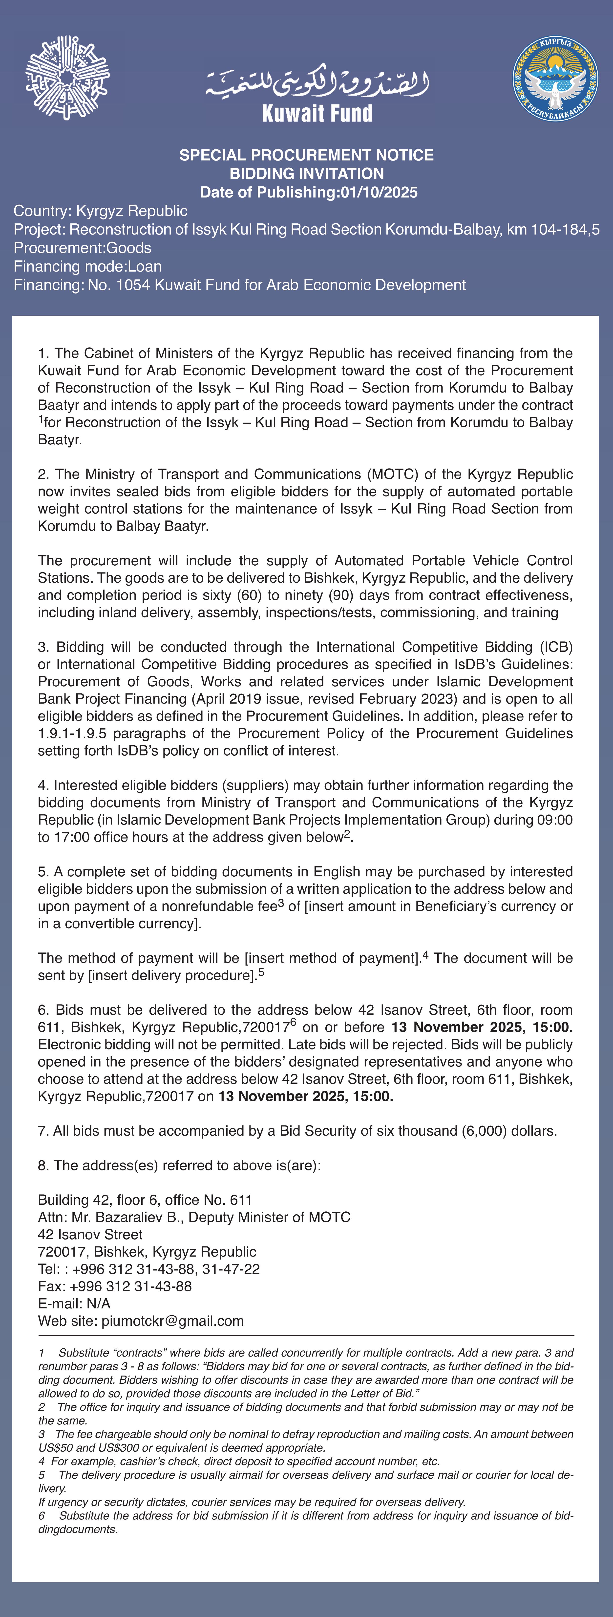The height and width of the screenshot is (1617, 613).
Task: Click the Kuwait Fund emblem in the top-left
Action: click(67, 78)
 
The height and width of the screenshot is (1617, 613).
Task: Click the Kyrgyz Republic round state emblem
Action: click(555, 79)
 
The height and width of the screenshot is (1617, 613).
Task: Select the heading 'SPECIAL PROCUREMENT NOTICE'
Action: click(306, 155)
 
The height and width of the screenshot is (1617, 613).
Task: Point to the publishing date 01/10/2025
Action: click(379, 192)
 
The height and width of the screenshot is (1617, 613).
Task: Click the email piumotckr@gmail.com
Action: click(173, 1321)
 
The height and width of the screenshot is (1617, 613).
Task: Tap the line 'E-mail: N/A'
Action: click(74, 1303)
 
